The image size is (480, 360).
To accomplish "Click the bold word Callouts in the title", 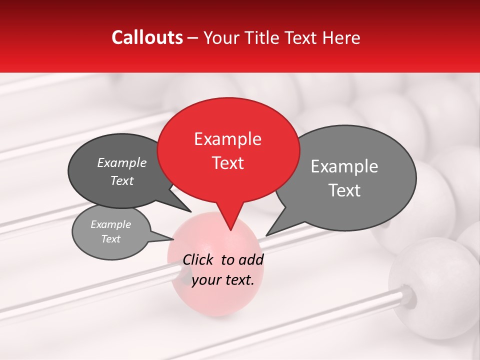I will (x=147, y=37).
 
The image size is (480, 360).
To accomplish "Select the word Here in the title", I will (x=342, y=37).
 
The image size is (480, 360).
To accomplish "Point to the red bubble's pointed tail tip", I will (x=230, y=229).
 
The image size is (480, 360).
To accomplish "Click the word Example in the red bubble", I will (x=227, y=139).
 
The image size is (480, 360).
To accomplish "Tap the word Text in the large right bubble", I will (x=345, y=190).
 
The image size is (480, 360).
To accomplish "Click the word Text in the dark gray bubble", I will (x=122, y=181).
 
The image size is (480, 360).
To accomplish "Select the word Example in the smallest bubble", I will (x=110, y=224).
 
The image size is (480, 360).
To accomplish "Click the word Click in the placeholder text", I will (x=198, y=259).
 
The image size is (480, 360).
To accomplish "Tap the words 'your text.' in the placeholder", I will (x=223, y=280).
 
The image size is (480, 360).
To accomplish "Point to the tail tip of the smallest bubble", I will (x=173, y=239).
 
